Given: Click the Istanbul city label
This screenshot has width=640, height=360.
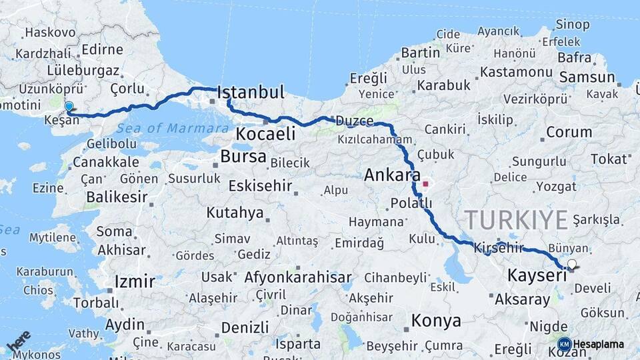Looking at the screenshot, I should [x=251, y=91].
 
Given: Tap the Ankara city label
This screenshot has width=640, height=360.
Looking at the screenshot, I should [x=392, y=176].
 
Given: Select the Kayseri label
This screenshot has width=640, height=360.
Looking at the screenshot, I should [x=537, y=275].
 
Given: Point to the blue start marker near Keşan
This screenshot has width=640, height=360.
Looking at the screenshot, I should [x=69, y=106].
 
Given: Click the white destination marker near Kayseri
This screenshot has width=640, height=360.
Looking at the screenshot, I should [x=571, y=265].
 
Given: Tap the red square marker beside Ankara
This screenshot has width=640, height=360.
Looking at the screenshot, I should [x=425, y=183].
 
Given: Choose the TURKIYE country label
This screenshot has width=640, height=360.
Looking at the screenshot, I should [x=516, y=219].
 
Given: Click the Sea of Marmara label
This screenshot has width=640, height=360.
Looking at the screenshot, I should [x=171, y=128].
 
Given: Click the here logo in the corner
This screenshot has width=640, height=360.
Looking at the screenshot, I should [x=19, y=341].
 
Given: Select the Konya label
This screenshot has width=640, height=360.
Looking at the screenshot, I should [x=436, y=321].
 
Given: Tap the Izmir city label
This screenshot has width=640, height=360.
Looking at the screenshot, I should [x=135, y=281].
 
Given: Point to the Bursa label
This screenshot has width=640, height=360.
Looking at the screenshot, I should [x=243, y=157].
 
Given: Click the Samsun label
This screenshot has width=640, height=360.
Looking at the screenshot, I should [x=587, y=77].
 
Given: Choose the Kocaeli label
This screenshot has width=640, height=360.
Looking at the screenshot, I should [x=265, y=134].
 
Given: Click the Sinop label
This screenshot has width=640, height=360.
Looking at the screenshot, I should [x=573, y=25].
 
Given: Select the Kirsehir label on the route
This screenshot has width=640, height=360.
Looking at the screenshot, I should [x=499, y=247].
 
